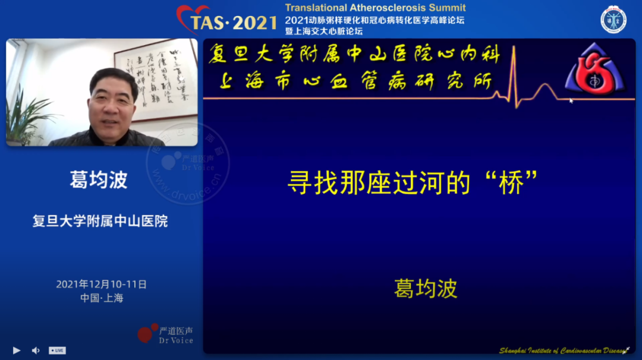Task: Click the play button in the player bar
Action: (x=16, y=350)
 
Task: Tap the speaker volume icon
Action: (x=35, y=350)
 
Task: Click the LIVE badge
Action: (x=57, y=350)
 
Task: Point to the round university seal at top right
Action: (x=613, y=20)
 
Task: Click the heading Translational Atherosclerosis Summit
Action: (x=375, y=8)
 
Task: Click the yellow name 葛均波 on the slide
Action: (x=425, y=289)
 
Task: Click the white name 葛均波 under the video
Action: (x=99, y=180)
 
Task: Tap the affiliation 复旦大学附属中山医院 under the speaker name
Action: (x=100, y=222)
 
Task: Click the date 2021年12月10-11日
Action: (x=101, y=284)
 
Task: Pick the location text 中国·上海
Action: (x=102, y=298)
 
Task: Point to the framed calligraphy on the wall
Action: (x=156, y=79)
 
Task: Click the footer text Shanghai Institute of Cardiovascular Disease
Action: (x=562, y=350)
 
